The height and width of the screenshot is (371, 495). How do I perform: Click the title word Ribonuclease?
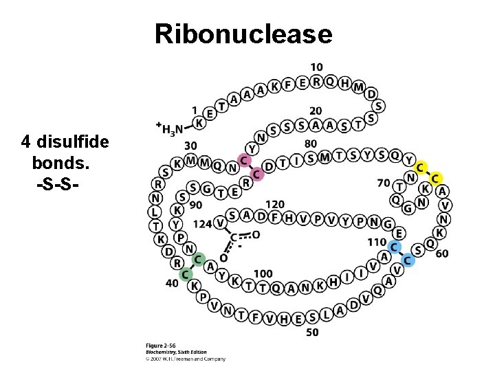click(x=243, y=33)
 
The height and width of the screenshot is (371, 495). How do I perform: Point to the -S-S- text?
click(x=57, y=185)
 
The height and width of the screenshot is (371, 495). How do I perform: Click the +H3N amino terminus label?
click(x=169, y=128)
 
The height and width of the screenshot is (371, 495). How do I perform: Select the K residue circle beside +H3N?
click(x=199, y=122)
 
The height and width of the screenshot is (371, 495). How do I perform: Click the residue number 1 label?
click(x=194, y=110)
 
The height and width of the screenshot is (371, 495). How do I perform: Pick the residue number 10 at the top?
click(x=316, y=67)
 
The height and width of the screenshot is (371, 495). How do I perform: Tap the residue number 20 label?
click(x=316, y=111)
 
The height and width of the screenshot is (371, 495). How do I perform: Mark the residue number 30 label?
click(x=191, y=146)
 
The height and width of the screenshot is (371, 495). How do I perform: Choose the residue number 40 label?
click(x=172, y=283)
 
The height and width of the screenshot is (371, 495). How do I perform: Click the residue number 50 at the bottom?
click(x=313, y=333)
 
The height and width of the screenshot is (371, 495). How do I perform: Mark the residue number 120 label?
click(x=275, y=204)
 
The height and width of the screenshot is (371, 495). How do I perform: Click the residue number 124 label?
click(x=202, y=223)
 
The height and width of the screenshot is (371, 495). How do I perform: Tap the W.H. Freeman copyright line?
click(x=186, y=358)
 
